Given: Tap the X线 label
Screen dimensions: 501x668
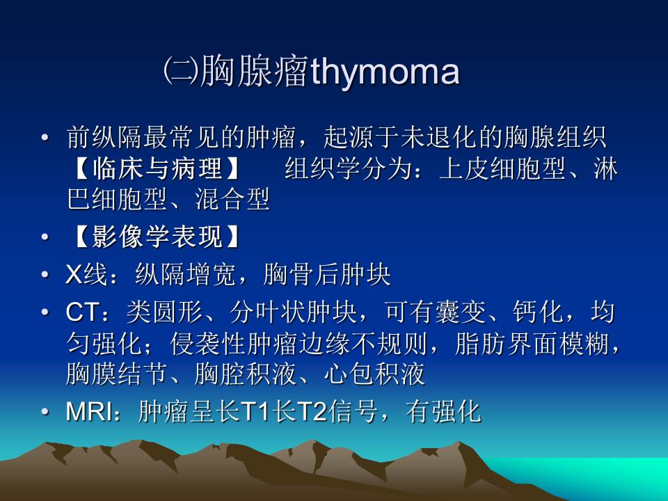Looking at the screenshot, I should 82,276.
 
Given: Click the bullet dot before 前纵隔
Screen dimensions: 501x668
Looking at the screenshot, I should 45,137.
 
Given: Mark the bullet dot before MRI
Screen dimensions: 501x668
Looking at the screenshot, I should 45,412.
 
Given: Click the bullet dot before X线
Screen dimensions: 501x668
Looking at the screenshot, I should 45,276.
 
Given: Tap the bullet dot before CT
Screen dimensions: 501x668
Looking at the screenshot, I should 45,313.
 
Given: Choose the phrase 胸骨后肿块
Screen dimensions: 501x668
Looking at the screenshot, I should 327,276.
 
